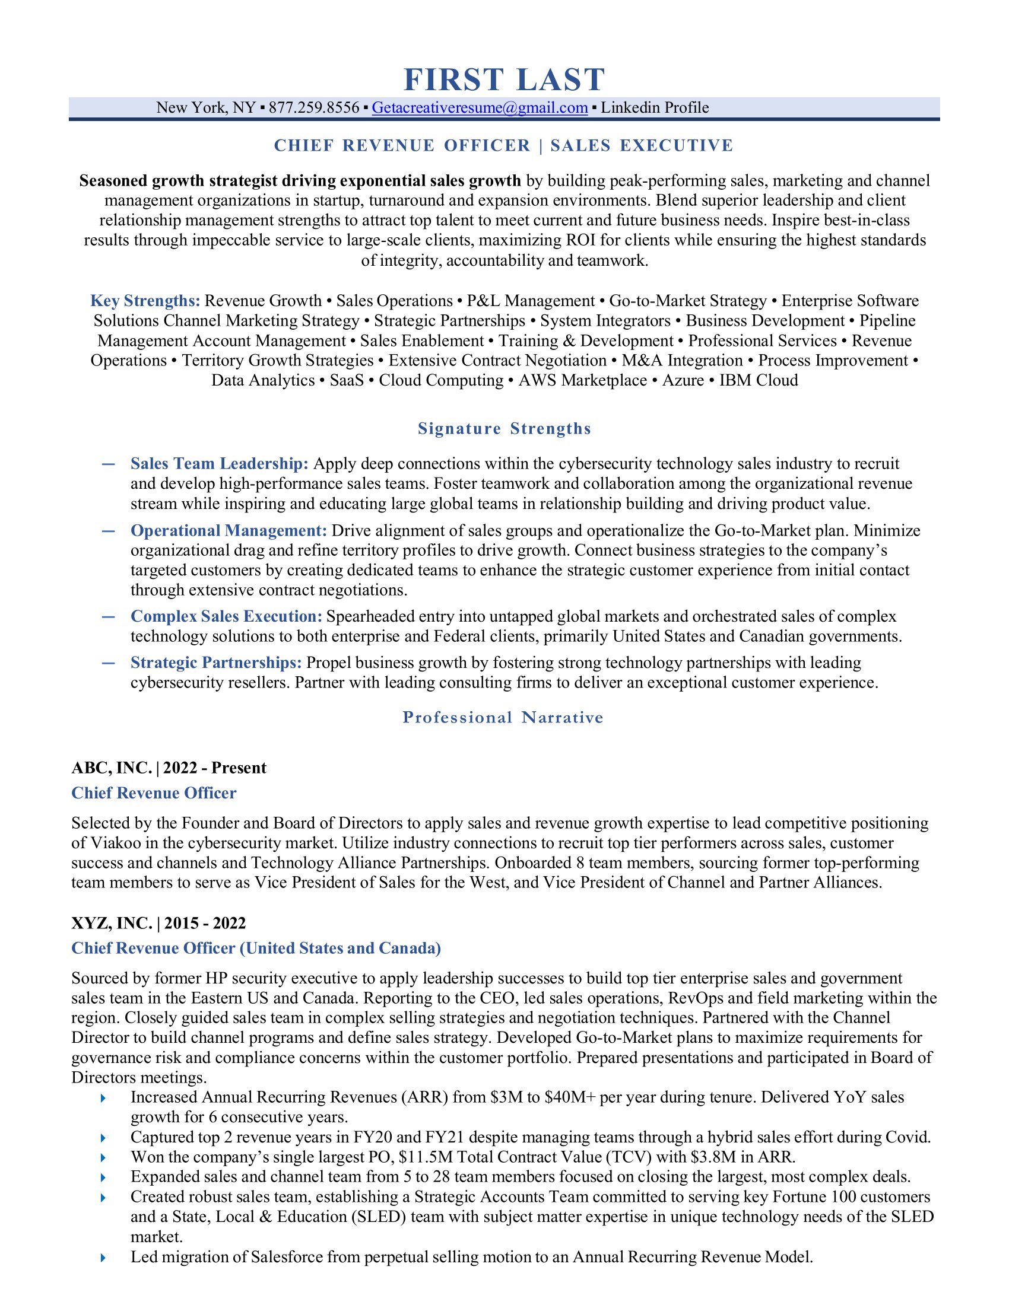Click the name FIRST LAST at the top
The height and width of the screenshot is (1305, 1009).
point(504,79)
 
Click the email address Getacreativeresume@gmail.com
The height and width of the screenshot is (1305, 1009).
point(480,107)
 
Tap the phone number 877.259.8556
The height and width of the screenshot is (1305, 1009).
point(314,107)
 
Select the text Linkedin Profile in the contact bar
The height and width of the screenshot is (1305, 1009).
point(655,107)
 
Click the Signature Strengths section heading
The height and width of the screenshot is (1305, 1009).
point(504,428)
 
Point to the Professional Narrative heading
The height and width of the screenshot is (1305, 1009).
point(503,717)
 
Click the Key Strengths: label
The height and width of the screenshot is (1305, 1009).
point(145,301)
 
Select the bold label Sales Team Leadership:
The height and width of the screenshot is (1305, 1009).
point(220,464)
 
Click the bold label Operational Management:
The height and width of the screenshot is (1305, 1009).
point(229,531)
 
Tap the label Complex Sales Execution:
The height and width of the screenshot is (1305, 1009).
point(226,616)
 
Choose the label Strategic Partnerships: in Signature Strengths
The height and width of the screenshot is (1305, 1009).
point(216,663)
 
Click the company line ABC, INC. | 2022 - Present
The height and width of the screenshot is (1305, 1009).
point(169,768)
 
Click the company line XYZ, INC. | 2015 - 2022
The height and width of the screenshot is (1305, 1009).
point(158,923)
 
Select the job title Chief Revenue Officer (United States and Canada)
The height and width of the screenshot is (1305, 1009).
point(256,948)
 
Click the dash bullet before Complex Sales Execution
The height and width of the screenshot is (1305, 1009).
point(108,617)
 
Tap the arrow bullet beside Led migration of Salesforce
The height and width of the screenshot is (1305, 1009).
point(103,1258)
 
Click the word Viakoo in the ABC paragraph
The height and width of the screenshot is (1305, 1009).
point(112,843)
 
